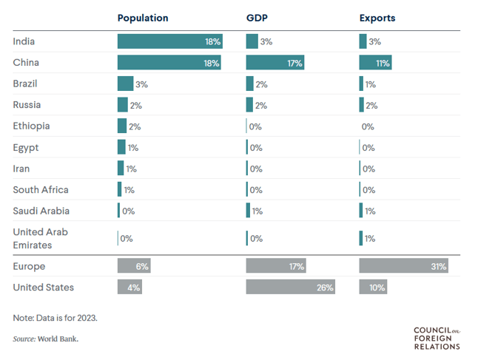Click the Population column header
click(143, 18)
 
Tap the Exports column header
click(377, 18)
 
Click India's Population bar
click(169, 42)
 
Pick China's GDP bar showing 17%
click(275, 64)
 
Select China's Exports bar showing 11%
click(375, 64)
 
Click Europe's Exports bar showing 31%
click(403, 266)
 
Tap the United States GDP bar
click(291, 288)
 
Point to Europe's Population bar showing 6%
click(134, 266)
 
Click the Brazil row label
click(25, 84)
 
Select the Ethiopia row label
click(31, 126)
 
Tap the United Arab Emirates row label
click(41, 238)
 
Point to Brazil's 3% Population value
click(142, 85)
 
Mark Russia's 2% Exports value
click(371, 106)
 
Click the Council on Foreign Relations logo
click(437, 337)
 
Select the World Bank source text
click(45, 339)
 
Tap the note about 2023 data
click(55, 318)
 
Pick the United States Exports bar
click(373, 288)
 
